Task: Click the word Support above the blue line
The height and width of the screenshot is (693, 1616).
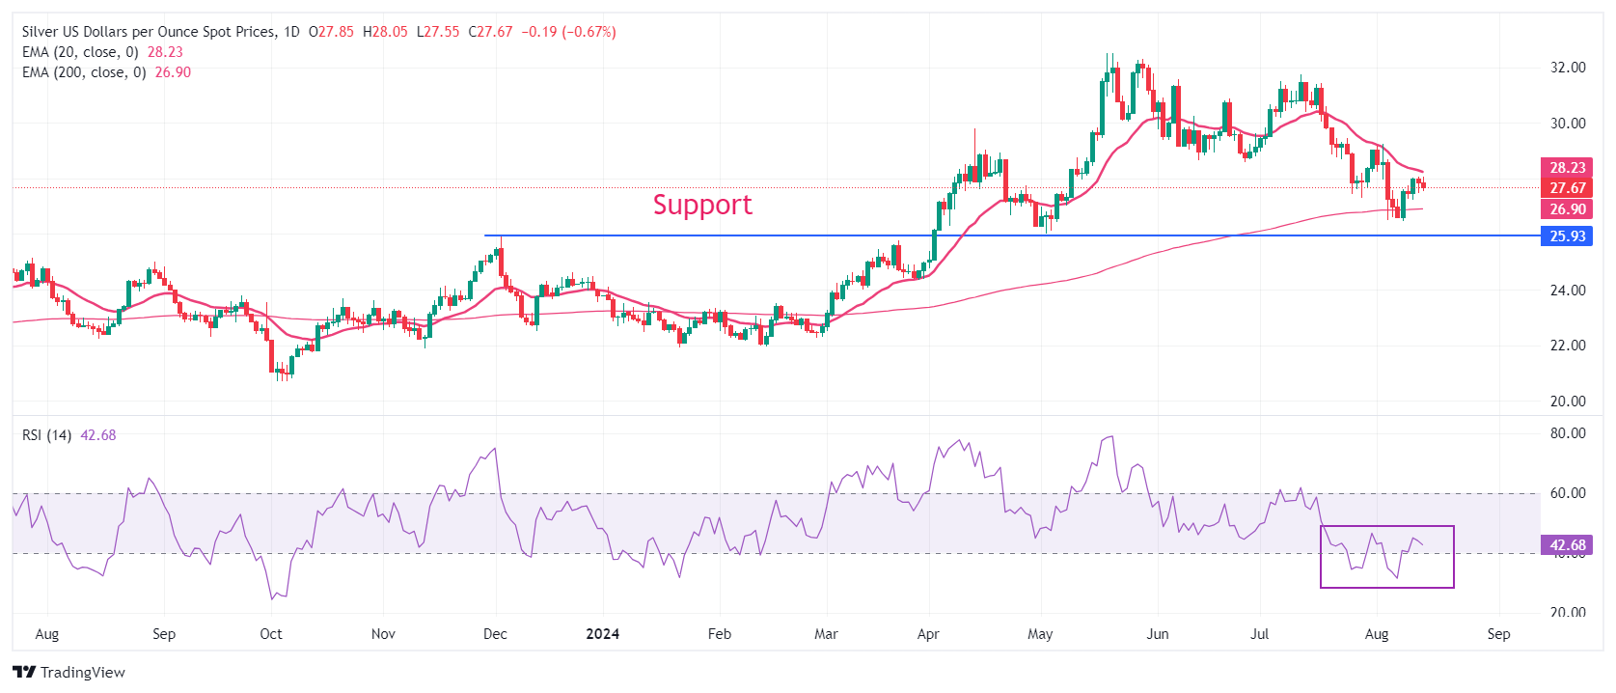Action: click(701, 205)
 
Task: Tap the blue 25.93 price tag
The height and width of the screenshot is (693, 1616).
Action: click(1567, 236)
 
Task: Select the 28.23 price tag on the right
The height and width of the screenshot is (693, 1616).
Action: click(1567, 168)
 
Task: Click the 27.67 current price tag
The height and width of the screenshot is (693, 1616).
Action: click(1567, 188)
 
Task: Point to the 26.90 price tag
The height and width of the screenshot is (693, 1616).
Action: click(1567, 209)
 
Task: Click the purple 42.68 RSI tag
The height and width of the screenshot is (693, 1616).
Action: click(1567, 545)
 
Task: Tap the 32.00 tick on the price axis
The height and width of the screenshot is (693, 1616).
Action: click(1568, 68)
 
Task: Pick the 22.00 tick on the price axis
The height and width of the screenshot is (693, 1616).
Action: click(1568, 346)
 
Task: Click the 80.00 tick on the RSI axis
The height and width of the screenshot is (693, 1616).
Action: click(1568, 433)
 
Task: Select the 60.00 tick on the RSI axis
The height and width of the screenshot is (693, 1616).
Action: click(1568, 493)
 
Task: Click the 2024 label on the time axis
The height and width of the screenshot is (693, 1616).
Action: click(603, 634)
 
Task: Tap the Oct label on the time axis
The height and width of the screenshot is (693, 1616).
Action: click(271, 634)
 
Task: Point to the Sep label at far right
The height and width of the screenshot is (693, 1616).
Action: click(1498, 634)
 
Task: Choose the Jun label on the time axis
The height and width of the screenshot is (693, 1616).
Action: click(1158, 634)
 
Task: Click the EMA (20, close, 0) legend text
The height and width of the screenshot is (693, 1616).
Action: click(80, 52)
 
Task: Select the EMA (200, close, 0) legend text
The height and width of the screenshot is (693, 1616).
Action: click(84, 72)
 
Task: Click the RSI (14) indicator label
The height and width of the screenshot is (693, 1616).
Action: click(46, 435)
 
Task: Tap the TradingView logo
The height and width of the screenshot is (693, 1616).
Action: click(69, 673)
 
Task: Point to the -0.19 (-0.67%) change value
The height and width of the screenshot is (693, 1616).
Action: click(568, 32)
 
